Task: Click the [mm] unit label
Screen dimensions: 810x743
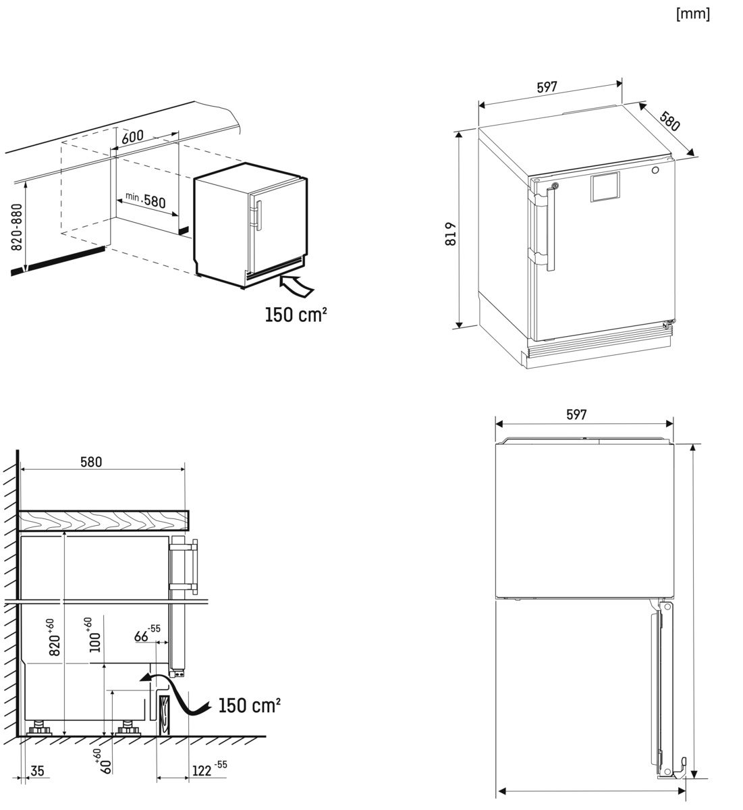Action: (x=692, y=14)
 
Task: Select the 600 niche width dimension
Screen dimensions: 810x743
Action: (x=132, y=136)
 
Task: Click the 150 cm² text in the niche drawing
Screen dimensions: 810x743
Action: (x=296, y=315)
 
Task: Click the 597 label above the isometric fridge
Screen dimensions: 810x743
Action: (x=547, y=87)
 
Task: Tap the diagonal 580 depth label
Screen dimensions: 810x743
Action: (x=669, y=120)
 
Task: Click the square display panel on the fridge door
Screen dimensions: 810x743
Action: (x=605, y=187)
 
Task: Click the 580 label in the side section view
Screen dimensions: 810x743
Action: (x=91, y=462)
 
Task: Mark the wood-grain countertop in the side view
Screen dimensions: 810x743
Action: (x=103, y=520)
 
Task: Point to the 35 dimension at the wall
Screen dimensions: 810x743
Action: (x=37, y=770)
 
